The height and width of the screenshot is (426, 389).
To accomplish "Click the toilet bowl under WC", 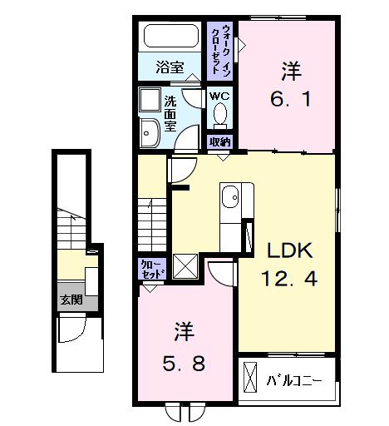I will [219, 116].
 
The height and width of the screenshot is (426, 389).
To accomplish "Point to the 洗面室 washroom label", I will [170, 114].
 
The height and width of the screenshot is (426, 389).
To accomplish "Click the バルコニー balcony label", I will [295, 382].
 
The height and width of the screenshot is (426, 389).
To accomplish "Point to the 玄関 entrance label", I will [70, 300].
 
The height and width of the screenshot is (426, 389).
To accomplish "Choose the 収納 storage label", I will [220, 141].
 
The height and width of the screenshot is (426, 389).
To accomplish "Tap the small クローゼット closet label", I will [152, 270].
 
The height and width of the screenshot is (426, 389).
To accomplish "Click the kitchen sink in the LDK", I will [230, 198].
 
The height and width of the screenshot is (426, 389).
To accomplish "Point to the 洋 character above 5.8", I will [184, 332].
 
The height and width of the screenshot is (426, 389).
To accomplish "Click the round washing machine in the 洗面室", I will [150, 133].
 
